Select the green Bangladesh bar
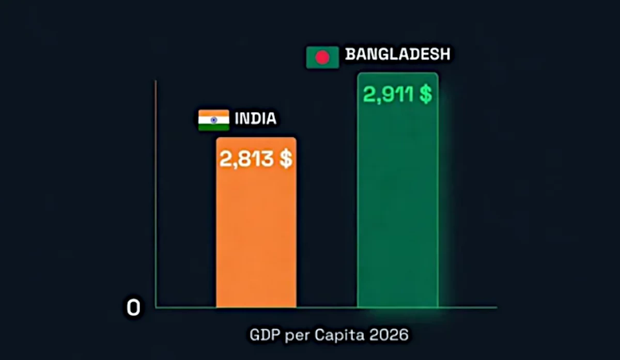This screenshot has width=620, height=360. click(x=397, y=207)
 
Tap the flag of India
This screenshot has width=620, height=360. click(x=213, y=120)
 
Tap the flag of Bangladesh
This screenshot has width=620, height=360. click(x=322, y=57)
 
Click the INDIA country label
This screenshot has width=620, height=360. click(x=256, y=119)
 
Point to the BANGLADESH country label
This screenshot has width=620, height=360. click(x=397, y=54)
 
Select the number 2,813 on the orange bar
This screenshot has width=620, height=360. click(x=245, y=159)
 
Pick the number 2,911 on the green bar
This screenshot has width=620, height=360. click(x=387, y=95)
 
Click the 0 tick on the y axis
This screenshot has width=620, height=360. click(x=133, y=308)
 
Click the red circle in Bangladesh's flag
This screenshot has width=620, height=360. click(x=322, y=57)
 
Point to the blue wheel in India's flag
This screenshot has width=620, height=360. click(x=213, y=120)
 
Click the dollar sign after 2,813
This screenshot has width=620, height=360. click(x=286, y=159)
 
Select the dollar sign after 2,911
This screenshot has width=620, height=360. click(x=425, y=95)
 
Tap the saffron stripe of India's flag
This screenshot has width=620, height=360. click(x=213, y=113)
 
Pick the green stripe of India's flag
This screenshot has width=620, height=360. click(x=213, y=127)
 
